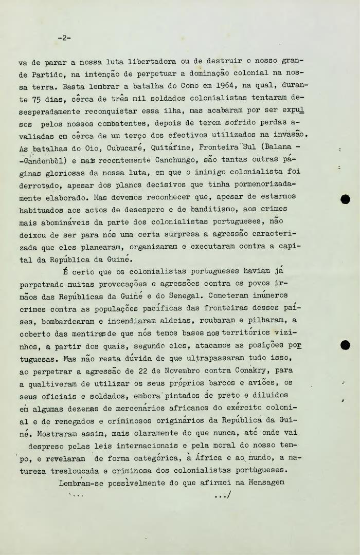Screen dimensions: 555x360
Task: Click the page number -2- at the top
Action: [x=64, y=38]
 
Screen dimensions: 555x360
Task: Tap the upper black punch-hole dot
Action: [x=346, y=199]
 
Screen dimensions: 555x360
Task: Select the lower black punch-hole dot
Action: [x=346, y=345]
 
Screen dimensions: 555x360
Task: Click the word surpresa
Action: [x=158, y=234]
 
